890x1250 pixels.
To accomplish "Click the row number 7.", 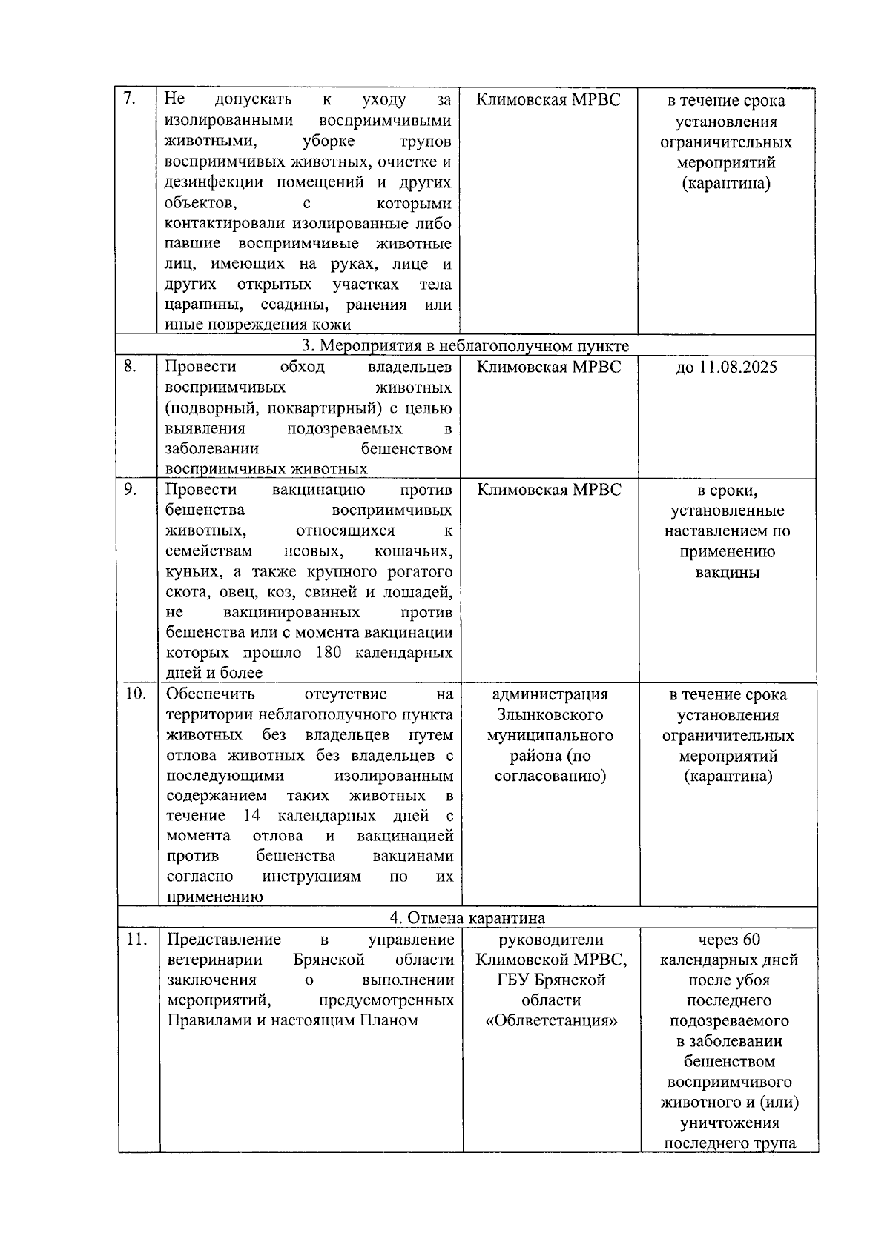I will [128, 99].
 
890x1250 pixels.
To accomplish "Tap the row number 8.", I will [130, 366].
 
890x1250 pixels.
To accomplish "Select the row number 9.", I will [130, 490].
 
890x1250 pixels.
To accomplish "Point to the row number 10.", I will [135, 694].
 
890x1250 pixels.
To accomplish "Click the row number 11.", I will [135, 940].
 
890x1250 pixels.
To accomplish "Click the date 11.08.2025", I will [727, 368].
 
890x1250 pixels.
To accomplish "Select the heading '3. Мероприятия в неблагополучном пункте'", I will [465, 346].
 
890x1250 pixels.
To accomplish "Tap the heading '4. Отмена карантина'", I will [467, 918].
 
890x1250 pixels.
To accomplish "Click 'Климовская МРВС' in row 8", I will [549, 367].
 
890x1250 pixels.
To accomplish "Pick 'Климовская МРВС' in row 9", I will [549, 490].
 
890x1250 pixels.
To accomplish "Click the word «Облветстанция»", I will [551, 1021].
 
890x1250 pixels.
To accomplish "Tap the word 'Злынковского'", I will [550, 715].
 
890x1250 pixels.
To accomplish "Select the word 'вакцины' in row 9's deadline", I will [727, 573].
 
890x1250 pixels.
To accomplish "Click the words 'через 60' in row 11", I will [729, 940].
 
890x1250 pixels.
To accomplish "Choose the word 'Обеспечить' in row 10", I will [210, 694].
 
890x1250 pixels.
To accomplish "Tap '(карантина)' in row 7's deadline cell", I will [727, 183].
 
